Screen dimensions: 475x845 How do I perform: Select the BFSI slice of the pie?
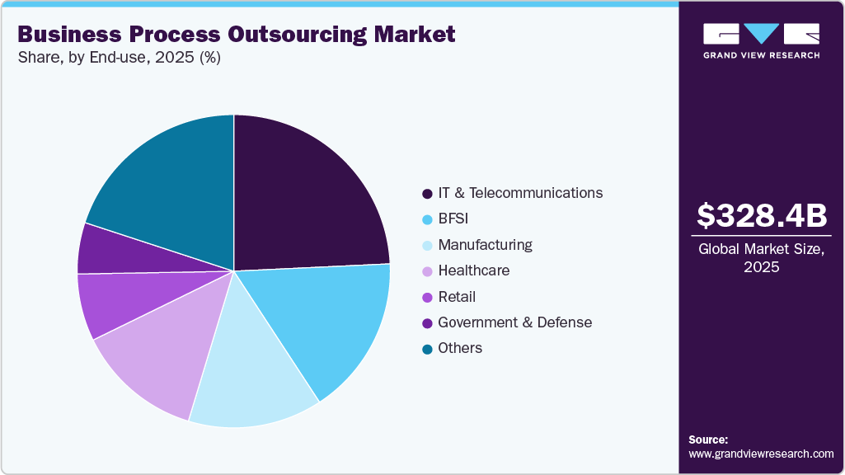click(x=330, y=322)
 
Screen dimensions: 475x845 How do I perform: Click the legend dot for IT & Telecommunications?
click(x=427, y=194)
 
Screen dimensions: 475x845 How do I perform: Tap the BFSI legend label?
click(x=453, y=219)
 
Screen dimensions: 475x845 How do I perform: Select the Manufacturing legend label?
click(x=485, y=245)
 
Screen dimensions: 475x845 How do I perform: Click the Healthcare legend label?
click(x=473, y=270)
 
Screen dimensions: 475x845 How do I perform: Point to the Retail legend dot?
click(x=427, y=297)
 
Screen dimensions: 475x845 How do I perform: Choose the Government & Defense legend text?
click(x=514, y=322)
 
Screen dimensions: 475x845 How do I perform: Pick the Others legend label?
click(x=460, y=348)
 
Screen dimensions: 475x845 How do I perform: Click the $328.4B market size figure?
click(x=761, y=216)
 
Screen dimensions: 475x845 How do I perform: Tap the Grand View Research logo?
click(x=761, y=40)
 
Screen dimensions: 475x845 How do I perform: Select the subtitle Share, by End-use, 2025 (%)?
click(x=119, y=58)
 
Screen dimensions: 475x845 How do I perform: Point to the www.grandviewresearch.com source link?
click(x=761, y=454)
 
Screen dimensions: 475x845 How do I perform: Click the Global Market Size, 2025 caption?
click(x=761, y=258)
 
